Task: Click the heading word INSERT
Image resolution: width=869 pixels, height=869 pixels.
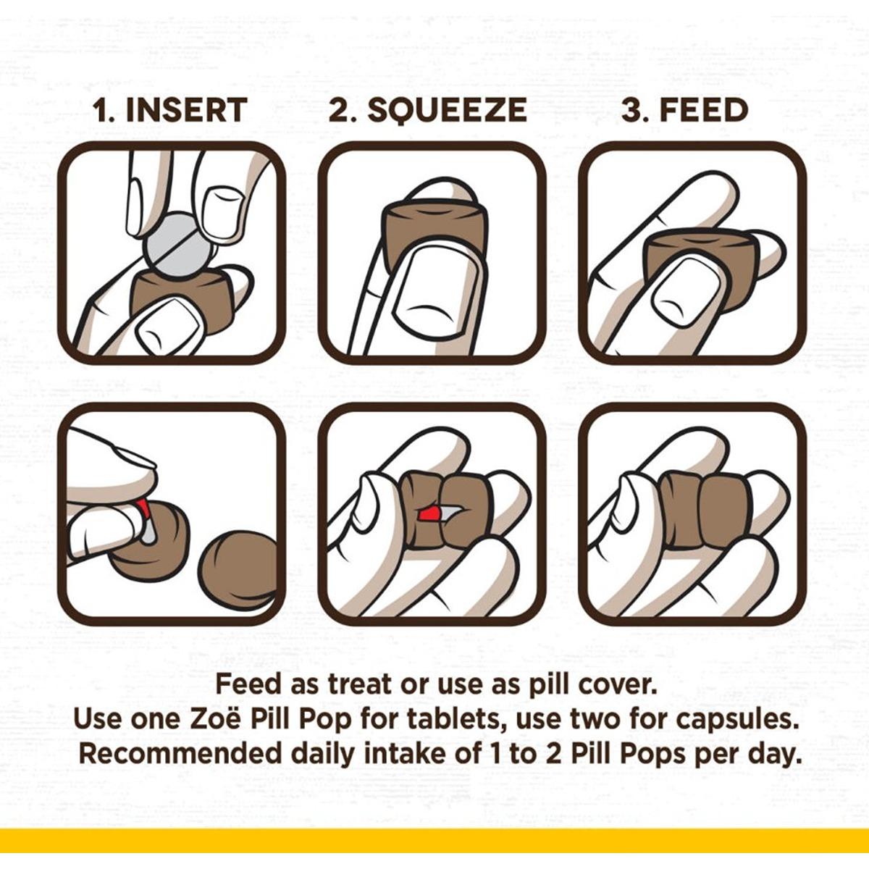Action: [186, 111]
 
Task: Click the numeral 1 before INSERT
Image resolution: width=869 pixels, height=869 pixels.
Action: [103, 111]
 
